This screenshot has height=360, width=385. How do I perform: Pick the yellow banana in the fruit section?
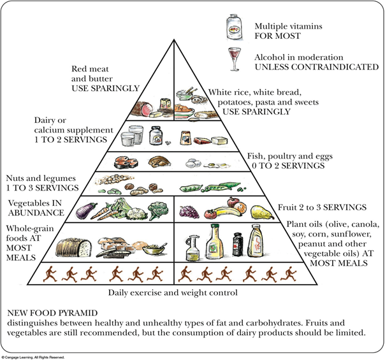221,208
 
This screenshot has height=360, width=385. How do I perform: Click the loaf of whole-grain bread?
75,247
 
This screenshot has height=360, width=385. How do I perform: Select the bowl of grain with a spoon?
152,248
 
